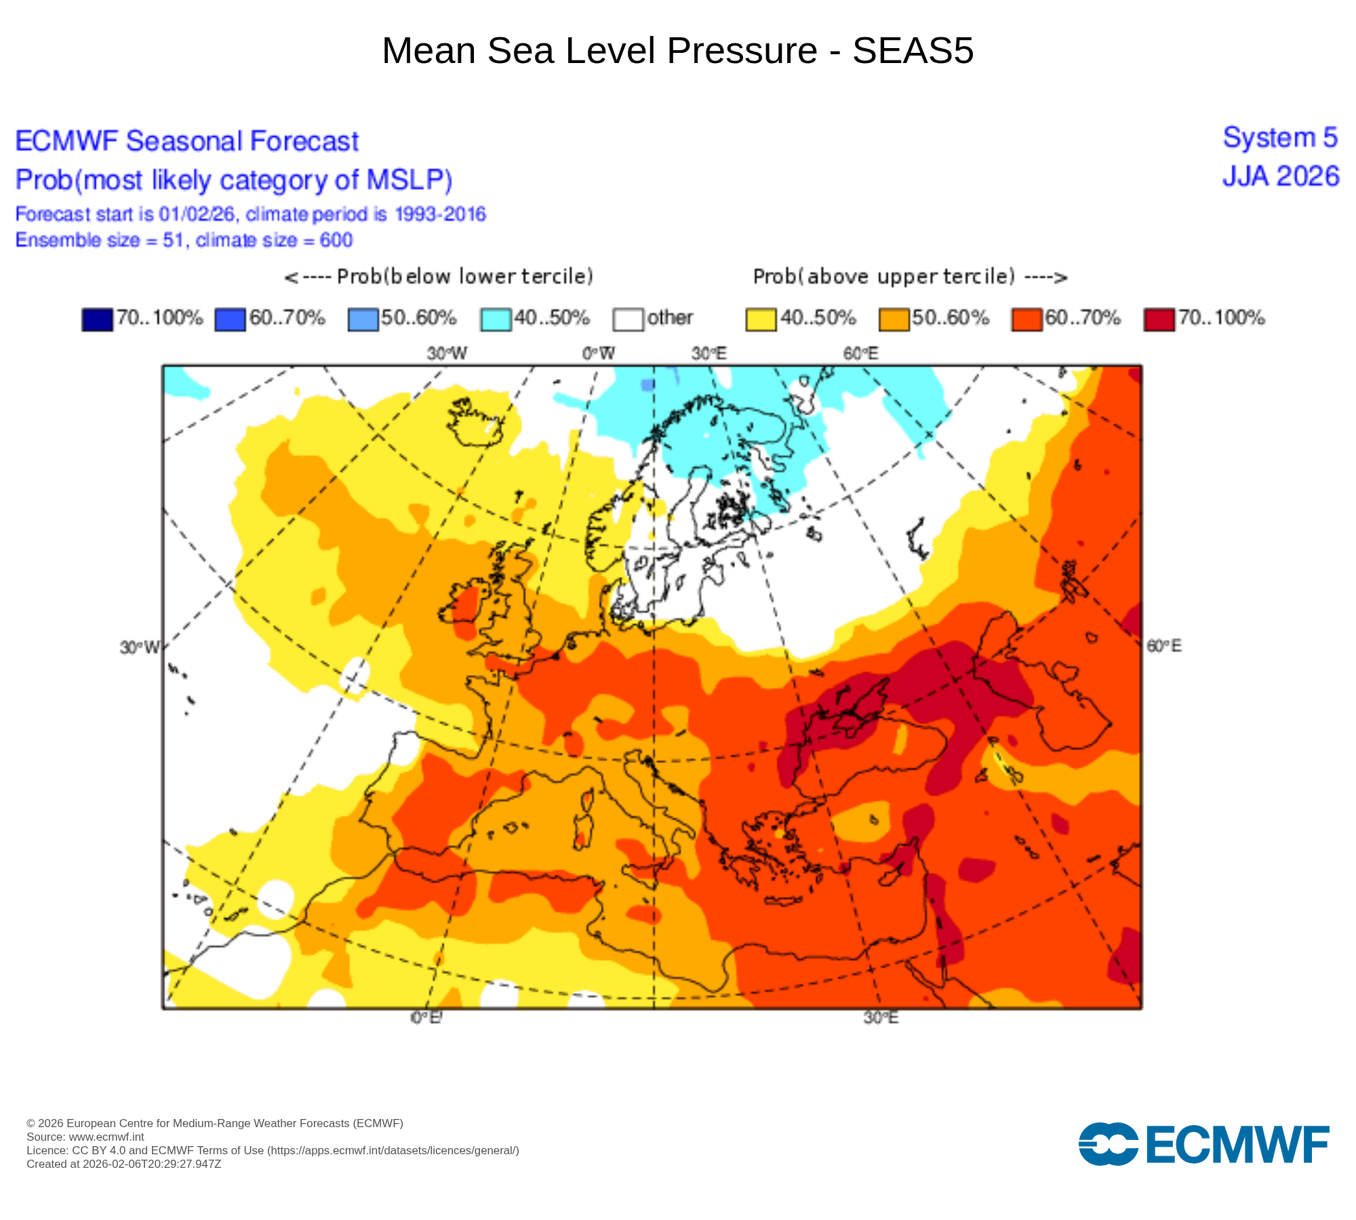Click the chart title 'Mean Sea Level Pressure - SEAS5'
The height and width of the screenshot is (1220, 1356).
point(678,51)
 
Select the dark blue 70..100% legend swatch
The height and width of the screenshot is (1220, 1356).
point(97,319)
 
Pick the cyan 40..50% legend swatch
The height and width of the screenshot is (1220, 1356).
point(496,319)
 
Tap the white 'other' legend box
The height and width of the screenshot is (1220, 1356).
point(628,319)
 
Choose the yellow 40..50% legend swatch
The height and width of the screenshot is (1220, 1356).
point(761,319)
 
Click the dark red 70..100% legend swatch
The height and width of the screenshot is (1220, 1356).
point(1159,319)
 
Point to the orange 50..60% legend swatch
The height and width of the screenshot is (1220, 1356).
point(894,319)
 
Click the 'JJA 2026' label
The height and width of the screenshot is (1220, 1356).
point(1281,177)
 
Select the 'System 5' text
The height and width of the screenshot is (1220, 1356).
point(1280,138)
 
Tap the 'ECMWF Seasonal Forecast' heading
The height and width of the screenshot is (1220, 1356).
point(186,142)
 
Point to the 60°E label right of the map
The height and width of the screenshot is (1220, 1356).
point(1164,646)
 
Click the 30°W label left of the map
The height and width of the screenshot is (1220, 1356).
point(139,648)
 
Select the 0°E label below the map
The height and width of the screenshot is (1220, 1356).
point(426,1018)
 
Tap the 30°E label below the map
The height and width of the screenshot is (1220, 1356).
point(881,1018)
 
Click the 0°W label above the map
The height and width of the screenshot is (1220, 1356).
point(599,353)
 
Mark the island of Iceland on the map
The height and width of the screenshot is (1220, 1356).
point(475,424)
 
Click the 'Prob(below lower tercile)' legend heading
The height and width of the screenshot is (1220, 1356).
point(439,277)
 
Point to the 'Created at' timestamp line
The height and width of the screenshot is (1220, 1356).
point(124,1164)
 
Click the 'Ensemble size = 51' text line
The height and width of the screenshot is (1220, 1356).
point(184,241)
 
